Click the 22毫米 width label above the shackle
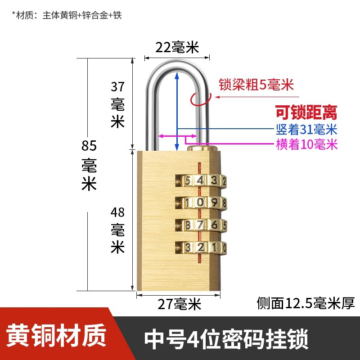point(177,47)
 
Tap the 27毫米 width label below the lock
point(180,305)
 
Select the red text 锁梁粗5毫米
point(256,85)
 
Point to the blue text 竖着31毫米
point(306,130)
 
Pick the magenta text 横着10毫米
point(306,144)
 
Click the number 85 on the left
point(89,146)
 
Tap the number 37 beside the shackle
point(117,86)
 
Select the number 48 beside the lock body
point(117,212)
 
